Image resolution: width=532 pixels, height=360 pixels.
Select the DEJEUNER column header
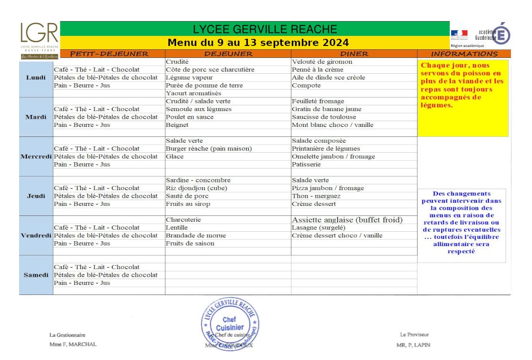coord(228,54)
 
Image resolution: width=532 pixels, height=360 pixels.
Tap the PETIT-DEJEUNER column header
coord(109,54)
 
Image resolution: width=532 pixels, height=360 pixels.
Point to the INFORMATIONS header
coord(464,54)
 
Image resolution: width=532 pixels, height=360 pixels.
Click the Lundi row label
coord(36,78)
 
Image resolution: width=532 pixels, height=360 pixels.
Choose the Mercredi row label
coord(36,157)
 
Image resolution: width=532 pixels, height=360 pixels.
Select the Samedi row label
coord(36,275)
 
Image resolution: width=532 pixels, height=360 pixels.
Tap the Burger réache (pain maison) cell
coord(209,149)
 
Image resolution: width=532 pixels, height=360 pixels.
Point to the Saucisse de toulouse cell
coord(324,117)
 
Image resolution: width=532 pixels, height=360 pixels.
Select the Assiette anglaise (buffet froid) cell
coord(347,220)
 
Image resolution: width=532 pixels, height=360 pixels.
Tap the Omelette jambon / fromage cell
coord(333,157)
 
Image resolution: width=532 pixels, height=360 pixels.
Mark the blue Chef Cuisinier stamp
coord(230,325)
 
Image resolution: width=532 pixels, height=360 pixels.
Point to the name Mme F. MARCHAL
coord(73,344)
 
